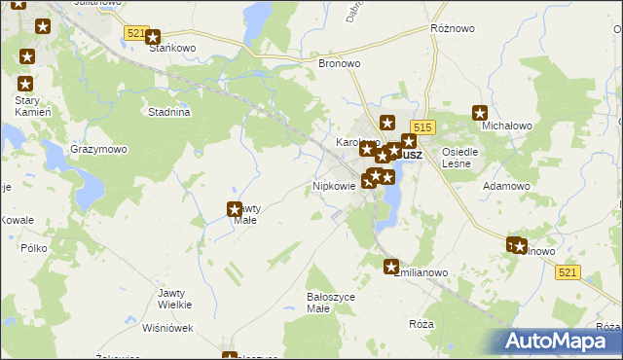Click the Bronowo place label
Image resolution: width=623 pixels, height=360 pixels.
(x=340, y=63)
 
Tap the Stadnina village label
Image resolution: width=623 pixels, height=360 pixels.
(x=168, y=112)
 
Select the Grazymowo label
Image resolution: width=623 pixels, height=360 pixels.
(x=98, y=150)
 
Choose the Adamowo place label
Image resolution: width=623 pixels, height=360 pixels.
(x=507, y=185)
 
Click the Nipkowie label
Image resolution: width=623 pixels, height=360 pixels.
(x=333, y=185)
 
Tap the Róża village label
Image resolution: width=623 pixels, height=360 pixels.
(x=421, y=323)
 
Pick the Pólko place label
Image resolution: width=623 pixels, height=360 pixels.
(x=33, y=248)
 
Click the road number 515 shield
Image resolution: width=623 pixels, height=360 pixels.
(x=421, y=127)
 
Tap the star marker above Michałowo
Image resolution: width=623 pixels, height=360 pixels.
(x=479, y=112)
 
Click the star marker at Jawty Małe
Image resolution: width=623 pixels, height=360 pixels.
(x=235, y=208)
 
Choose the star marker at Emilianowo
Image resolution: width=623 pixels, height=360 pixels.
(x=391, y=267)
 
